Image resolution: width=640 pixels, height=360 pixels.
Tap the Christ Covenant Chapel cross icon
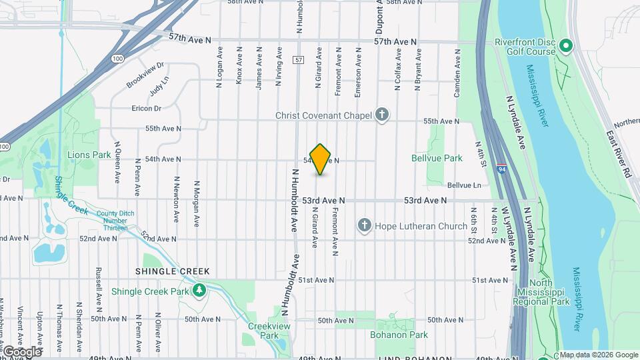382,115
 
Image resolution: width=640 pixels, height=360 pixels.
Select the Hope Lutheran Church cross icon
365,226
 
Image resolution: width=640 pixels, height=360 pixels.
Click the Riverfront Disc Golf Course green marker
566,45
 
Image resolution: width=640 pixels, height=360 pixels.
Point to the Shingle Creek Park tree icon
199,291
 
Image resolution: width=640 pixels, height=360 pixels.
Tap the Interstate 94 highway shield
501,171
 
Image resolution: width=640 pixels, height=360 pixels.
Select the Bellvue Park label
437,159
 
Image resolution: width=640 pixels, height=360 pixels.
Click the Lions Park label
89,155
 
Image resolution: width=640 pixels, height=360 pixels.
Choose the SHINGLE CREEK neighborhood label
172,271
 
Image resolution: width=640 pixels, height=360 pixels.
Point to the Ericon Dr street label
147,109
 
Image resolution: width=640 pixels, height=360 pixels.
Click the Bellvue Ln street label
463,185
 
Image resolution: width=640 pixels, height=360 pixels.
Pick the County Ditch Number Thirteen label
111,221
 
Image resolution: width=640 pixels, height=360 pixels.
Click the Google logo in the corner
22,351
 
